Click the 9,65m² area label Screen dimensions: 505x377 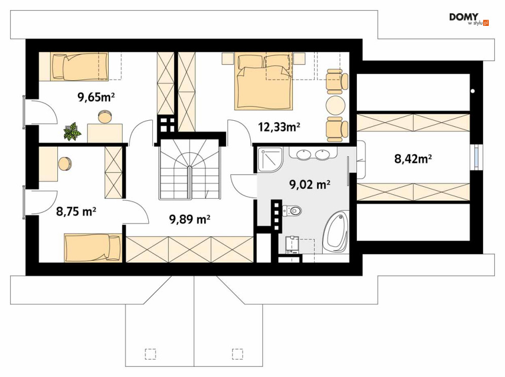click(x=96, y=96)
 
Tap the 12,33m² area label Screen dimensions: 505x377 click(x=279, y=127)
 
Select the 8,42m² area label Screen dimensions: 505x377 click(x=413, y=158)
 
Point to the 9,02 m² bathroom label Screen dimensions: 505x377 click(x=310, y=185)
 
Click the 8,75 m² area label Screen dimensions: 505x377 click(x=76, y=212)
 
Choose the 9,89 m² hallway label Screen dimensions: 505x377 click(x=190, y=219)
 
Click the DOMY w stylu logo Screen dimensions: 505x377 click(x=469, y=19)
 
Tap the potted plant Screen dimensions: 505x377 click(x=73, y=131)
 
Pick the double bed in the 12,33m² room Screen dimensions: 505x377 click(x=264, y=82)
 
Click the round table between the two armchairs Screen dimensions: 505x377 click(x=335, y=106)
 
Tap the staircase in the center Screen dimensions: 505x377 click(x=190, y=169)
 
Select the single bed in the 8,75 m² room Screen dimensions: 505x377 click(x=93, y=248)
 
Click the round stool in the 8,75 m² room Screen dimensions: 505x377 click(x=65, y=163)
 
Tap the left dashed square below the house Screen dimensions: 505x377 click(x=150, y=354)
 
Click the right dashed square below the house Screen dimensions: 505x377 click(x=238, y=354)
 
